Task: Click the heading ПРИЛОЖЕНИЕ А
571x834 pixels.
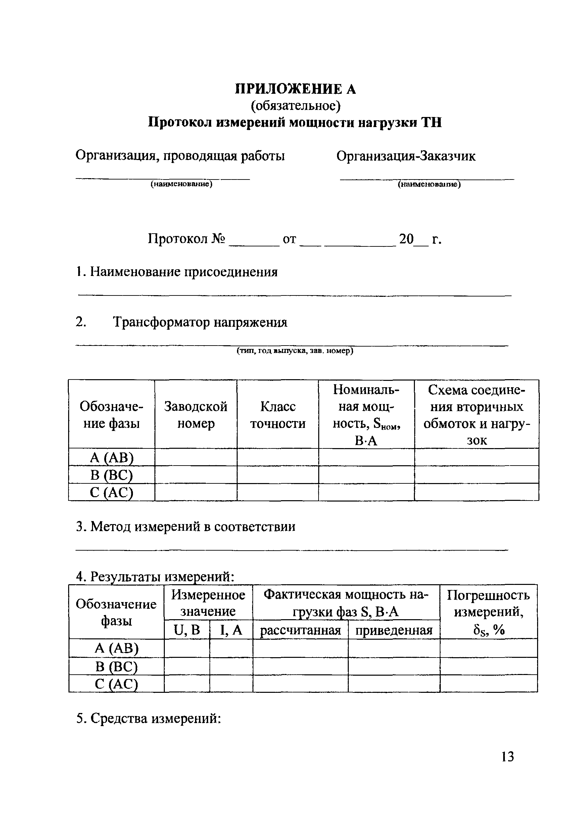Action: pyautogui.click(x=295, y=89)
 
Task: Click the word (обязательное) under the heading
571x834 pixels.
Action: pyautogui.click(x=295, y=106)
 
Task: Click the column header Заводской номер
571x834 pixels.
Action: pyautogui.click(x=196, y=414)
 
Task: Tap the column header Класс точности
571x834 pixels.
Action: pyautogui.click(x=278, y=414)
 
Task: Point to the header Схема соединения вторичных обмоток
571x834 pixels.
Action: pyautogui.click(x=476, y=414)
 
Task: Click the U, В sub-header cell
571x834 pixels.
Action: pyautogui.click(x=187, y=630)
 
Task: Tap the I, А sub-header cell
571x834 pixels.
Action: pyautogui.click(x=231, y=630)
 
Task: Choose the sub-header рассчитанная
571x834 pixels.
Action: pyautogui.click(x=300, y=630)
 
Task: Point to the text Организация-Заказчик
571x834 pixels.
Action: pyautogui.click(x=406, y=156)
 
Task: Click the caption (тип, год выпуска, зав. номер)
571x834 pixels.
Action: pyautogui.click(x=295, y=351)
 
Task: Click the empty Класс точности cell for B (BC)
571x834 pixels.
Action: pyautogui.click(x=278, y=474)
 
